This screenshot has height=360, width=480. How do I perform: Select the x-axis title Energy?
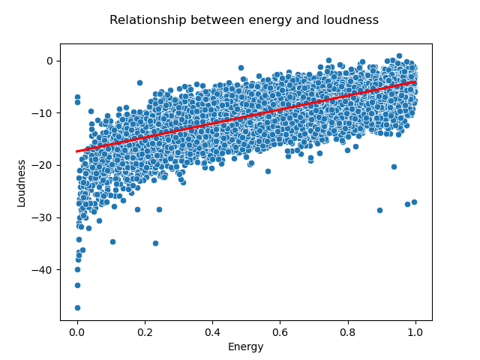click(x=246, y=346)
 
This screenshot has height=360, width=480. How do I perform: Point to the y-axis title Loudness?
click(x=22, y=182)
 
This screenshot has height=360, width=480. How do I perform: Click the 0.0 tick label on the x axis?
click(x=77, y=331)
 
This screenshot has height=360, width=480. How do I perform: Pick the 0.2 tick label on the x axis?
click(x=145, y=331)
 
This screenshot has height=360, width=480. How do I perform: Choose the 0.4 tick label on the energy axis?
click(x=212, y=331)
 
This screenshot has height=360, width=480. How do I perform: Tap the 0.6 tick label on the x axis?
click(x=280, y=331)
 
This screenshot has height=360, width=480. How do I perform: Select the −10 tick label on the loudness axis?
click(x=44, y=113)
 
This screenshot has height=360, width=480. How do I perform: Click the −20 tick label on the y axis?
click(x=44, y=165)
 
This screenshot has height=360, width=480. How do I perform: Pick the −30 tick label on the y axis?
click(x=44, y=217)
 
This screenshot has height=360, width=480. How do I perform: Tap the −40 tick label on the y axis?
click(x=44, y=270)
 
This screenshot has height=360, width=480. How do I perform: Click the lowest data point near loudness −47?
click(x=77, y=307)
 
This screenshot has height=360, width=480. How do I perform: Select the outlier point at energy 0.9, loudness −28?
click(x=379, y=210)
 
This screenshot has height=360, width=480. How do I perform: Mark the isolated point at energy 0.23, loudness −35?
click(x=155, y=243)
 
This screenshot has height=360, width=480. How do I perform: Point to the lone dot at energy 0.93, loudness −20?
click(x=394, y=166)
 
